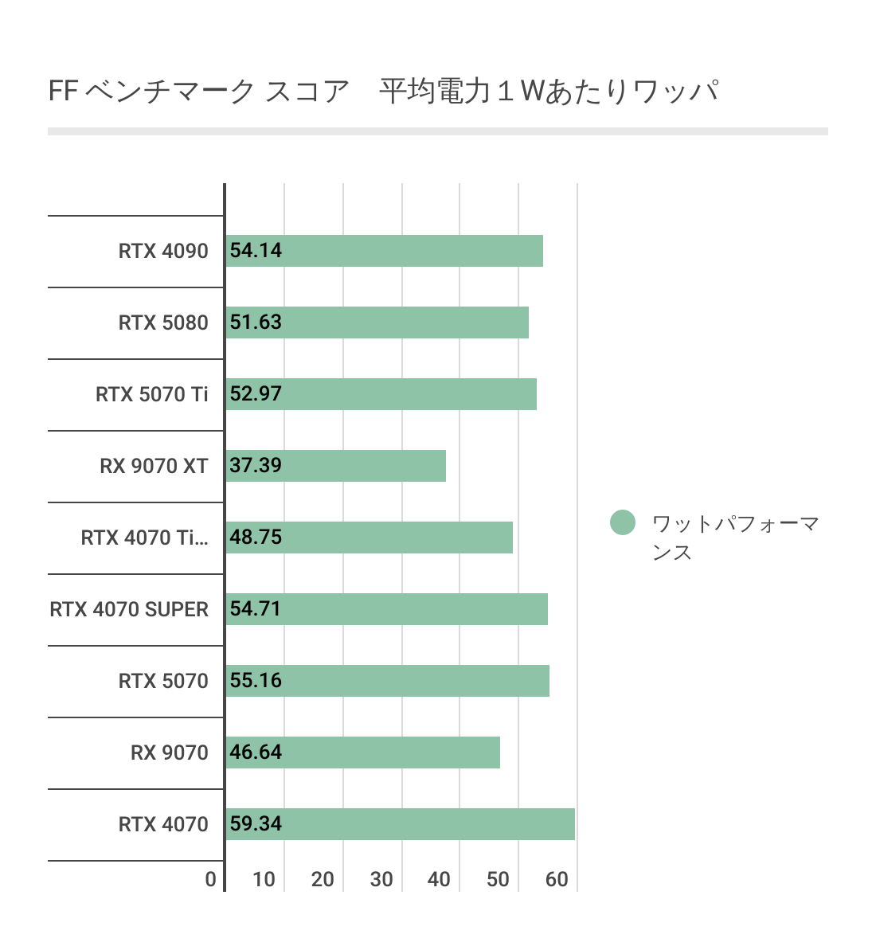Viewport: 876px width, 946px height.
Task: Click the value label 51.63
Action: click(x=256, y=322)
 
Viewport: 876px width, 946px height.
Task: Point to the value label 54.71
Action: click(x=256, y=609)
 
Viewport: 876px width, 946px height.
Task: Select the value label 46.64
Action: click(x=256, y=752)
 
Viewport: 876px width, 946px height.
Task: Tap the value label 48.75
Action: click(x=256, y=537)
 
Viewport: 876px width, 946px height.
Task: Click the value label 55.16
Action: click(x=256, y=681)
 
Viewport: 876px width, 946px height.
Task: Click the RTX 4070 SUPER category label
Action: click(x=129, y=610)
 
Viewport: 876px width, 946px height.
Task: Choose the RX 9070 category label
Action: click(x=169, y=753)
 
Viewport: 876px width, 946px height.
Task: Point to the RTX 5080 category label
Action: click(x=163, y=323)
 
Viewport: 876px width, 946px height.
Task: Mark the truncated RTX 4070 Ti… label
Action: click(x=144, y=538)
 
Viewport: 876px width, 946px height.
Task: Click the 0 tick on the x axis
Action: click(x=210, y=880)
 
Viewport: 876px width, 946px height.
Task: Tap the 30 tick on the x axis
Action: click(x=381, y=880)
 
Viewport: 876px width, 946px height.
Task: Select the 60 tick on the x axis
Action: click(x=557, y=880)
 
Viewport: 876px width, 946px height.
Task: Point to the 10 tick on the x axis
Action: click(x=264, y=880)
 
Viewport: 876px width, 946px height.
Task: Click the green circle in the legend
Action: click(x=623, y=523)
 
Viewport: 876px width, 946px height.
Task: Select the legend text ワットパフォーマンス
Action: click(x=734, y=537)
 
